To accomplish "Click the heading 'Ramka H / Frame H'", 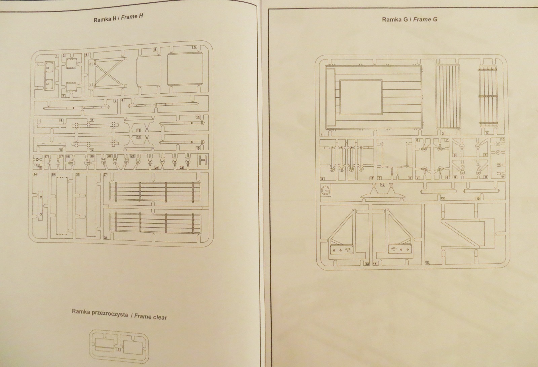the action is tap(118, 18).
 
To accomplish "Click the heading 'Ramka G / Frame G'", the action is tap(409, 19).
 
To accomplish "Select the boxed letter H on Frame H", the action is tap(203, 161).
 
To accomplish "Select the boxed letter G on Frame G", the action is tap(325, 191).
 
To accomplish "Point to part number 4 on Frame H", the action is tap(86, 55).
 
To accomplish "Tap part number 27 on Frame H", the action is tap(105, 175).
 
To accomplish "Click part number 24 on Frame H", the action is tap(35, 174).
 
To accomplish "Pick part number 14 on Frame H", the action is tap(198, 117).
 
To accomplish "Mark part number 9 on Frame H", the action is tap(61, 120).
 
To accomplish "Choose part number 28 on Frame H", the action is tap(105, 238).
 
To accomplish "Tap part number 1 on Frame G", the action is tap(322, 135).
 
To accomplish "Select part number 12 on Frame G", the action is tap(382, 185).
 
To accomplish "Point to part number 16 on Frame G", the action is tap(427, 263).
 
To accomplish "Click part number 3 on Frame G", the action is tap(487, 133).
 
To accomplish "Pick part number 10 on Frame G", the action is tap(503, 139).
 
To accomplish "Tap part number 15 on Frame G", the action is tap(375, 264).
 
